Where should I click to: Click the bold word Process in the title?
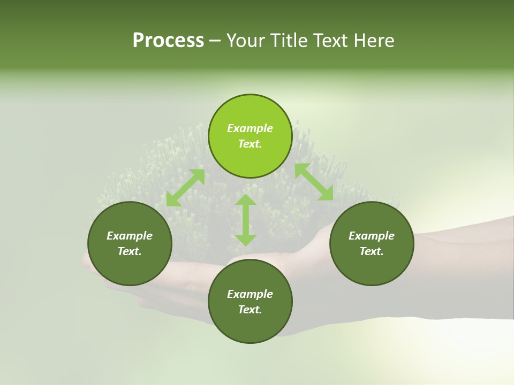(x=168, y=41)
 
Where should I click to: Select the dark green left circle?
(x=130, y=267)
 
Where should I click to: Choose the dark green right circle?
(x=372, y=267)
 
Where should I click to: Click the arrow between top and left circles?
(x=185, y=188)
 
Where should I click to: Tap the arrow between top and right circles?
(x=314, y=182)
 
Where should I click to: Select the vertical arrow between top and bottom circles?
(x=246, y=220)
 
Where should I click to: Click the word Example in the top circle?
(x=250, y=128)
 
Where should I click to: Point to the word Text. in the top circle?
(x=250, y=144)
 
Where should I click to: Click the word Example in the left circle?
(x=130, y=236)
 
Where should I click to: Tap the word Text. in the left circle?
(x=130, y=251)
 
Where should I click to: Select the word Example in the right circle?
(x=372, y=236)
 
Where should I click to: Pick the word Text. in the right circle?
(x=372, y=251)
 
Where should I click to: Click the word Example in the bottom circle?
(x=250, y=294)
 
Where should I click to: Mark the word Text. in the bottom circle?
(x=250, y=310)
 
